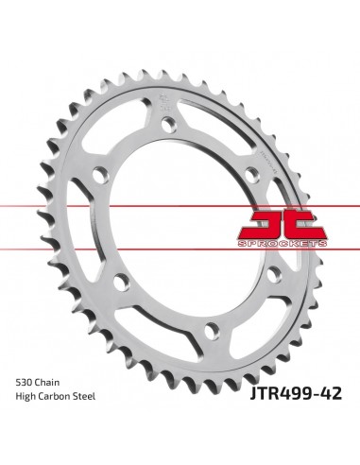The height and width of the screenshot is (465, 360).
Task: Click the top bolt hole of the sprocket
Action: (x=168, y=123)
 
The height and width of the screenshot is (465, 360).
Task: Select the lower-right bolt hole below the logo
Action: (x=274, y=274)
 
